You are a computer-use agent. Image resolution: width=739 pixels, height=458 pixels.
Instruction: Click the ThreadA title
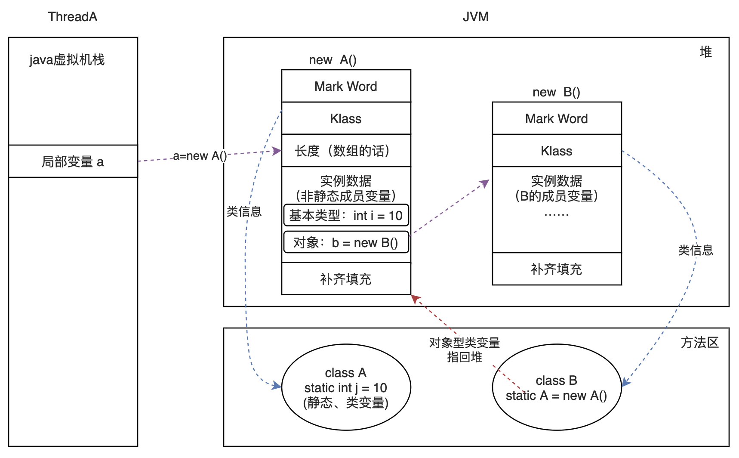(73, 17)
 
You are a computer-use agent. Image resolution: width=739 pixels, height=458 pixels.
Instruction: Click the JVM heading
(475, 17)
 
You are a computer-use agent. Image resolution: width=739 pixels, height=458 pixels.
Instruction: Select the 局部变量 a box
(73, 161)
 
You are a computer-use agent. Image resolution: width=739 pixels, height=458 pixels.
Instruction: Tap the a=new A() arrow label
(200, 156)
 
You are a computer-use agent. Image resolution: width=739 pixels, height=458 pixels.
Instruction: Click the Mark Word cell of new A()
(346, 86)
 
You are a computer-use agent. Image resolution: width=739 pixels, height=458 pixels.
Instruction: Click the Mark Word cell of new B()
(557, 118)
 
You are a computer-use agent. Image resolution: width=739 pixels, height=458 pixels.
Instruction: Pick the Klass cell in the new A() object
(346, 118)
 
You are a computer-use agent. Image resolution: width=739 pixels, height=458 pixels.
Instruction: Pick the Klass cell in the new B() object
(557, 151)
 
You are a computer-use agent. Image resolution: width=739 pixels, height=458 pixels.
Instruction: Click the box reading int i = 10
(346, 215)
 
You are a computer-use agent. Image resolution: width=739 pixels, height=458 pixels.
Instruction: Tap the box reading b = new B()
(346, 243)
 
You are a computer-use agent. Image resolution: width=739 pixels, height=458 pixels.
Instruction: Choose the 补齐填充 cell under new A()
(346, 279)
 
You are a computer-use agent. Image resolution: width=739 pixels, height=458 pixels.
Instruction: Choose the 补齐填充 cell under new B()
(557, 269)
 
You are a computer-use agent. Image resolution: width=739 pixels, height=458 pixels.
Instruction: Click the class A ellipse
(346, 387)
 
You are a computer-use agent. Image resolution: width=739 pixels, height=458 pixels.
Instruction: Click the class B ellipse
(557, 387)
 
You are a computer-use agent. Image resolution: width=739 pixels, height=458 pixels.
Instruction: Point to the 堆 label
(705, 52)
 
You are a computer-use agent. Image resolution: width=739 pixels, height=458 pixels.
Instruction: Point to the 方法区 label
(700, 343)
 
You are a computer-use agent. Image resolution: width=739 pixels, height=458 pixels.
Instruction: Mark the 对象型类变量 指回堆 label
(465, 350)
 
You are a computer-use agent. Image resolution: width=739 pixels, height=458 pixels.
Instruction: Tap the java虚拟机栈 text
(67, 60)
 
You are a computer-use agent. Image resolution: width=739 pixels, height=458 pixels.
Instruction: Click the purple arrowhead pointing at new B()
(486, 183)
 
